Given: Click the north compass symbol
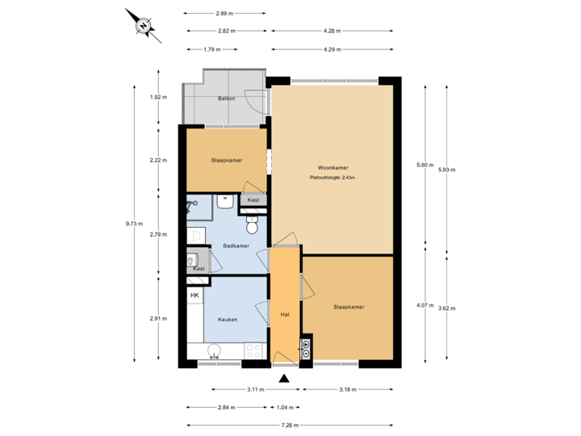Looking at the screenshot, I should pyautogui.click(x=143, y=26).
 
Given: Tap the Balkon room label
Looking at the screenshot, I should pyautogui.click(x=226, y=99).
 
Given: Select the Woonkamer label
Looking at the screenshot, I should pyautogui.click(x=332, y=168).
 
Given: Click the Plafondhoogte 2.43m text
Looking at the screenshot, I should pyautogui.click(x=332, y=178).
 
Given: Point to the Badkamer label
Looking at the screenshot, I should pyautogui.click(x=236, y=246).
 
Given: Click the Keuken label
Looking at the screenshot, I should pyautogui.click(x=227, y=320).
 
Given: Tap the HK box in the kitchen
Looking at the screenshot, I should pyautogui.click(x=194, y=296).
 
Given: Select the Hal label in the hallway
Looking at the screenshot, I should pyautogui.click(x=284, y=315).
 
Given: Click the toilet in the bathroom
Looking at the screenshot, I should pyautogui.click(x=251, y=226).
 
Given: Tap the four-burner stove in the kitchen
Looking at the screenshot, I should pyautogui.click(x=253, y=351).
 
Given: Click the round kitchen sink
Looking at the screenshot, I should pyautogui.click(x=214, y=351).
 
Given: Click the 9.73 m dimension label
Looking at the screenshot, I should pyautogui.click(x=135, y=225).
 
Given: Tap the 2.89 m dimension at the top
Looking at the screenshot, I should pyautogui.click(x=224, y=14).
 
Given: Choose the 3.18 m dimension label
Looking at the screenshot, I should pyautogui.click(x=348, y=390).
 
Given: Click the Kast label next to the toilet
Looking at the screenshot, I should pyautogui.click(x=253, y=199).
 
